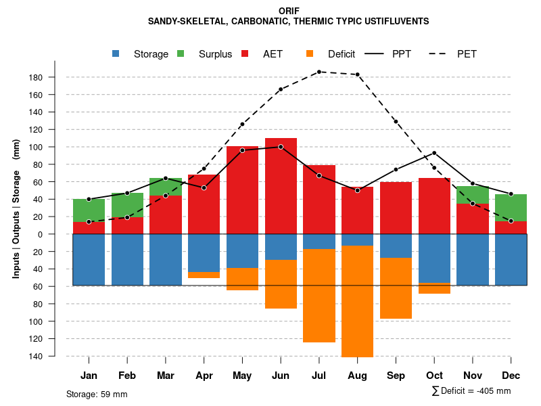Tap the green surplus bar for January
click(x=89, y=210)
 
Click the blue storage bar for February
click(x=127, y=259)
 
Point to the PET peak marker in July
click(x=319, y=72)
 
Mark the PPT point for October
click(x=434, y=153)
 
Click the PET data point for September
click(x=396, y=122)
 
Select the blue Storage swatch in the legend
click(x=117, y=54)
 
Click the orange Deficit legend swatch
click(x=310, y=54)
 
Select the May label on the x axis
click(x=242, y=376)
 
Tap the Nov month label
click(x=472, y=376)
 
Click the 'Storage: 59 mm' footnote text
click(x=97, y=394)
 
